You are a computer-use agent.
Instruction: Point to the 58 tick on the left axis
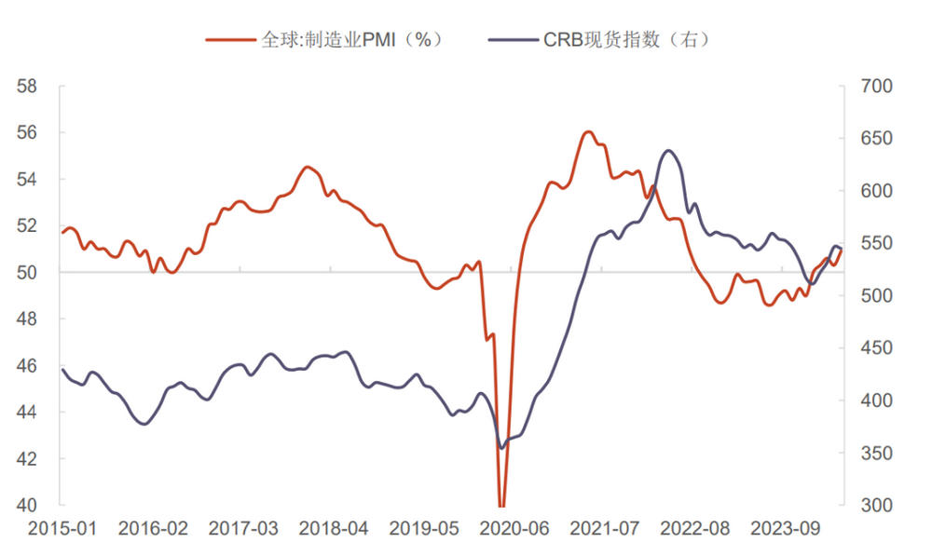click(x=26, y=87)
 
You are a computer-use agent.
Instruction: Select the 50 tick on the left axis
click(x=26, y=273)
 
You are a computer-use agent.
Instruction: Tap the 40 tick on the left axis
click(x=26, y=506)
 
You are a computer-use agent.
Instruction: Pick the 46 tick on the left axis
click(x=26, y=366)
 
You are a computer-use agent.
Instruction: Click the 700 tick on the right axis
click(x=875, y=87)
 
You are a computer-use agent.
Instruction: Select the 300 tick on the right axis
click(x=875, y=506)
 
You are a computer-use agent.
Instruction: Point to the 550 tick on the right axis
click(x=875, y=244)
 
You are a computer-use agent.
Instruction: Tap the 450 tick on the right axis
click(x=875, y=348)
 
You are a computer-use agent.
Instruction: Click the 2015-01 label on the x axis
click(x=62, y=529)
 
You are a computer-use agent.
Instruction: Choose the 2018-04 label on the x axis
click(x=334, y=529)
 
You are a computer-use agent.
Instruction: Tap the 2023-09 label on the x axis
click(x=787, y=529)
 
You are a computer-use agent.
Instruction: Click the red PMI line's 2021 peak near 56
click(x=587, y=131)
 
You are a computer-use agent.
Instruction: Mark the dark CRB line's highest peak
click(x=668, y=150)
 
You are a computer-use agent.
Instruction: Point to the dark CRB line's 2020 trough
click(x=501, y=448)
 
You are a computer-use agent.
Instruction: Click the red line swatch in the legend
click(x=229, y=39)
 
